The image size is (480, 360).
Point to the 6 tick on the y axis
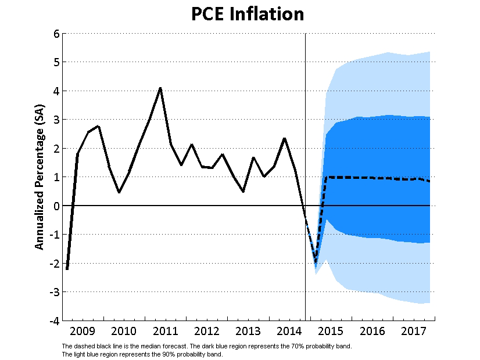pyautogui.click(x=56, y=34)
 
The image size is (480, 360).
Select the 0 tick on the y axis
pyautogui.click(x=56, y=206)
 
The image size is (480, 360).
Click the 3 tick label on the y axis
pyautogui.click(x=56, y=120)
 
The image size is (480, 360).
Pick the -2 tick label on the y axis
pyautogui.click(x=54, y=263)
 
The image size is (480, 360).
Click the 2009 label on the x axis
pyautogui.click(x=82, y=332)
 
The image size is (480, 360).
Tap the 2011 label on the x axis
pyautogui.click(x=165, y=332)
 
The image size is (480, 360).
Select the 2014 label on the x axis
pyautogui.click(x=289, y=332)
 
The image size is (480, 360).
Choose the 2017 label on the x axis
pyautogui.click(x=414, y=332)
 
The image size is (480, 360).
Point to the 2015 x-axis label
pyautogui.click(x=331, y=332)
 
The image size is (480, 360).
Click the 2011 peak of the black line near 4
pyautogui.click(x=160, y=88)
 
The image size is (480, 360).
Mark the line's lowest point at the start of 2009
pyautogui.click(x=67, y=269)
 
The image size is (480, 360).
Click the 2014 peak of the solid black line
pyautogui.click(x=284, y=138)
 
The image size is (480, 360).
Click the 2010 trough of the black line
pyautogui.click(x=119, y=192)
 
